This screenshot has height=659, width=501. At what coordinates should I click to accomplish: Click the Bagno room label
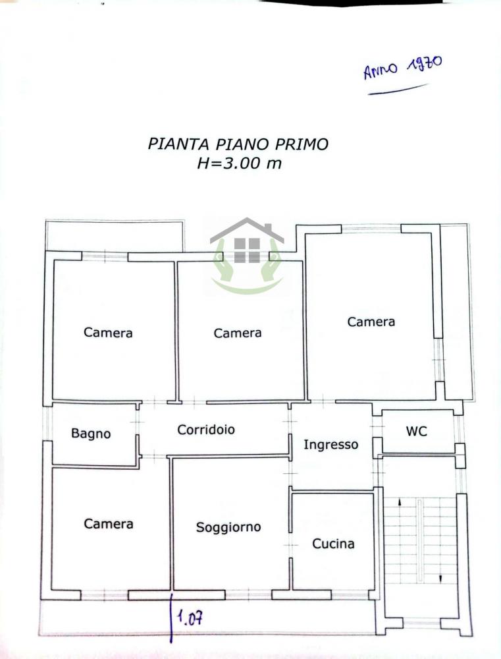pyautogui.click(x=91, y=434)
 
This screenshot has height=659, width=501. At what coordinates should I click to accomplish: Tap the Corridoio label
pyautogui.click(x=206, y=430)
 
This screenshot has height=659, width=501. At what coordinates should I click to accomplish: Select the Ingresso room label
pyautogui.click(x=330, y=445)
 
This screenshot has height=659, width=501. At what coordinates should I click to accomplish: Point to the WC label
pyautogui.click(x=416, y=431)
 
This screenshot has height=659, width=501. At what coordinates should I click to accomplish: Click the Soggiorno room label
pyautogui.click(x=228, y=527)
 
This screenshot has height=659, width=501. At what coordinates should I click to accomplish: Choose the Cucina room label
pyautogui.click(x=333, y=544)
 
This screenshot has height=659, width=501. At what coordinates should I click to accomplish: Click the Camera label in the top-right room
pyautogui.click(x=371, y=322)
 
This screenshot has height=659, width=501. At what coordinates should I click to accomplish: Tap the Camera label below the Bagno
pyautogui.click(x=109, y=524)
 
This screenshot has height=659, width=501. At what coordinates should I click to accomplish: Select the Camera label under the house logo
pyautogui.click(x=238, y=333)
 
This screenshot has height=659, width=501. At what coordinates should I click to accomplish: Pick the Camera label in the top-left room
pyautogui.click(x=108, y=333)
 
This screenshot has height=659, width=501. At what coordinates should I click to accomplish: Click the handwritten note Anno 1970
pyautogui.click(x=402, y=67)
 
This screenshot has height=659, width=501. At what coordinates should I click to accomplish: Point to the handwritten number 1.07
pyautogui.click(x=190, y=618)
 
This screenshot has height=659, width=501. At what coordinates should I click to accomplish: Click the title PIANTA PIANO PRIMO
pyautogui.click(x=238, y=144)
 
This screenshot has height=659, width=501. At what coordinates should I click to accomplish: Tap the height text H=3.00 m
pyautogui.click(x=239, y=163)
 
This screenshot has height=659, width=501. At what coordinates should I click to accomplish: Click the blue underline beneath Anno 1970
pyautogui.click(x=398, y=90)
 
